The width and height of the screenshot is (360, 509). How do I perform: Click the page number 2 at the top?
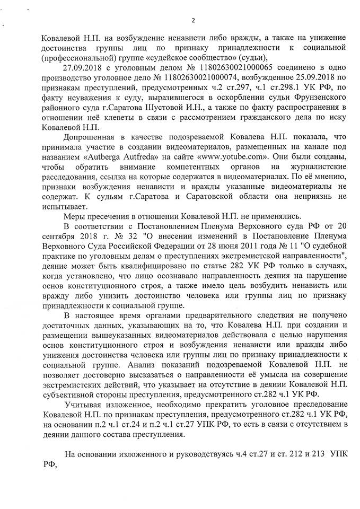[193, 21]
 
